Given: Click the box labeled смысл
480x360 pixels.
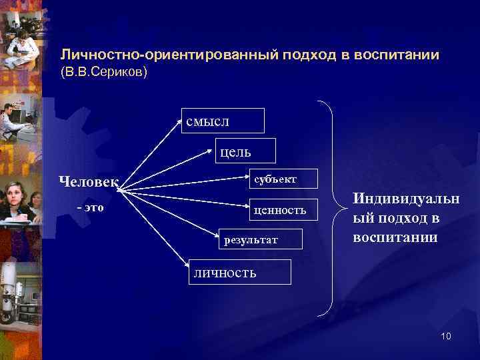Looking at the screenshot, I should tap(223, 121).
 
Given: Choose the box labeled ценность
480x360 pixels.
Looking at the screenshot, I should tap(284, 210).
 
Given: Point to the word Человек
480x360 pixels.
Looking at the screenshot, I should tap(89, 181).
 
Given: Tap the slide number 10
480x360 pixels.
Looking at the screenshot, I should tap(445, 336).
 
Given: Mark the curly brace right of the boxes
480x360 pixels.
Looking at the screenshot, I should tap(330, 207).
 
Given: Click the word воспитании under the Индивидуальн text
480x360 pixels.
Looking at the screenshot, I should tap(395, 237).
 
